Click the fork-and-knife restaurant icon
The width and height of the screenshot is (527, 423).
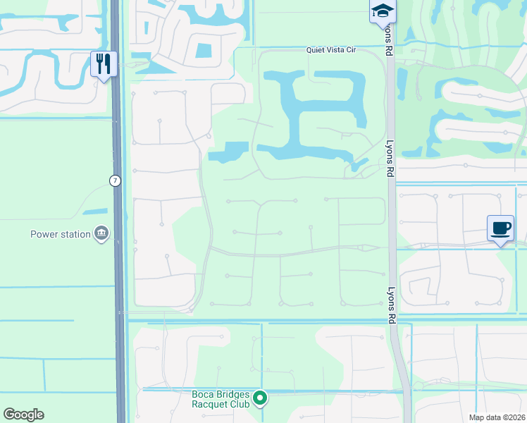104,64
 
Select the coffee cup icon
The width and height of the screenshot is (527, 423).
500,228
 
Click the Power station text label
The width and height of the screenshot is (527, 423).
61,235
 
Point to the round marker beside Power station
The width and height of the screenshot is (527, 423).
101,234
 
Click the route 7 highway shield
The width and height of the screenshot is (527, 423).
115,181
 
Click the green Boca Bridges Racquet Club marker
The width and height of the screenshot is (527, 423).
260,399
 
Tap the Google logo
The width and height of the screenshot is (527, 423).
24,415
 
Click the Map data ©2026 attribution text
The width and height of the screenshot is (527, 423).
497,417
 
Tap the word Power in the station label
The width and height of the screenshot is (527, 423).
43,235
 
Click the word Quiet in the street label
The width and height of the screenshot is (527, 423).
316,50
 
